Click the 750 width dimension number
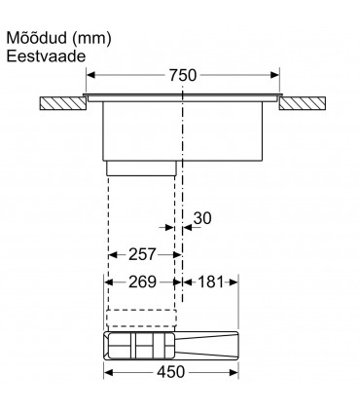[x=183, y=75]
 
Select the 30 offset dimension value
[x=201, y=219]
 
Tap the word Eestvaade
[x=47, y=56]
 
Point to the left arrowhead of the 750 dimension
[x=89, y=75]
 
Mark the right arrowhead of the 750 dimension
[x=277, y=75]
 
